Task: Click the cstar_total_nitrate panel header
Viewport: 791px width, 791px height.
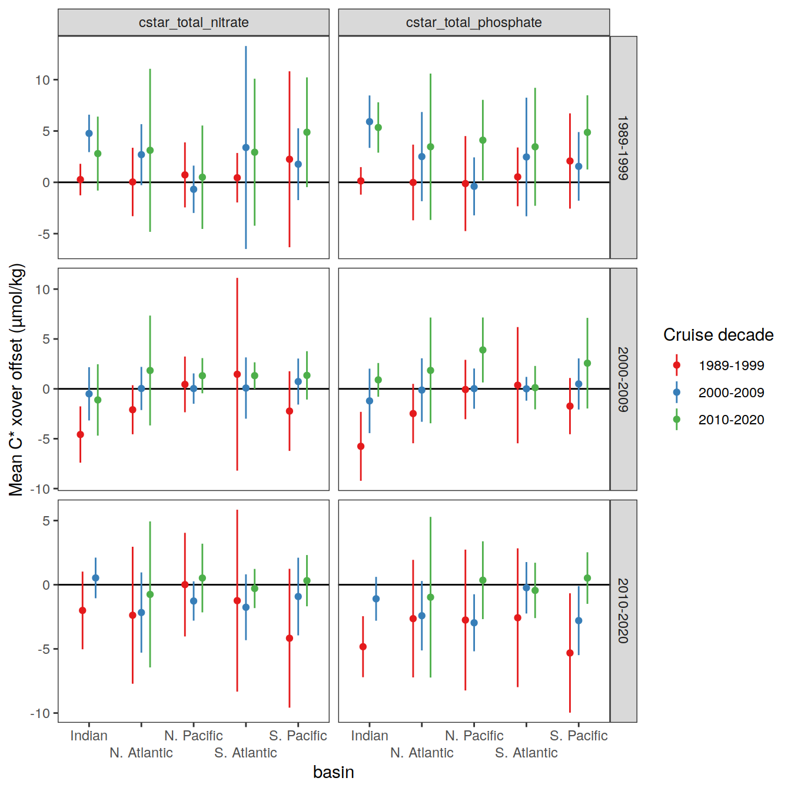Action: (x=194, y=22)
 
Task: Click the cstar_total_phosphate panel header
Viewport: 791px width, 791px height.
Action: (x=474, y=22)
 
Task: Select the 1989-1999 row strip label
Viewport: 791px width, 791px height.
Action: (x=623, y=147)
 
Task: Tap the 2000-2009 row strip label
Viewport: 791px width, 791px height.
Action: (x=623, y=379)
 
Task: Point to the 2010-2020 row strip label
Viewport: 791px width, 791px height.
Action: (x=623, y=610)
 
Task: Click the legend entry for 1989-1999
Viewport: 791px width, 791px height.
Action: (x=731, y=365)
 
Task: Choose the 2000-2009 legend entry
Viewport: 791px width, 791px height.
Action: (x=731, y=393)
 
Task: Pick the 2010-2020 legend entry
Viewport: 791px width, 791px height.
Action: (x=731, y=420)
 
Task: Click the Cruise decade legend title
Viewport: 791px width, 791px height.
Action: (x=718, y=335)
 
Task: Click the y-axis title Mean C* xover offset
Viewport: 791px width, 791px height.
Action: (x=16, y=379)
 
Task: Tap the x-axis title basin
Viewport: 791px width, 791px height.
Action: (x=334, y=772)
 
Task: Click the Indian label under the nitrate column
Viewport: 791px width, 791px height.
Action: (x=89, y=736)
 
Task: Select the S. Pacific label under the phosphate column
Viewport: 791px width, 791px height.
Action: (x=579, y=736)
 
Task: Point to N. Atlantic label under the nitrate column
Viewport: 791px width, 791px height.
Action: (x=141, y=753)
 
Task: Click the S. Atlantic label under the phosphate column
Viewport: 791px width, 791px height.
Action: (x=526, y=753)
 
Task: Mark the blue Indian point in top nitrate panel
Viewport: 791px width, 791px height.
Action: (x=89, y=134)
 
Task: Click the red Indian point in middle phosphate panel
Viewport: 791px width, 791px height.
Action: (x=361, y=447)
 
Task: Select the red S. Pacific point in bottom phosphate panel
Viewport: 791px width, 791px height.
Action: (x=570, y=653)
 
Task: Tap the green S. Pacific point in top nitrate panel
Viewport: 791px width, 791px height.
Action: (x=307, y=132)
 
